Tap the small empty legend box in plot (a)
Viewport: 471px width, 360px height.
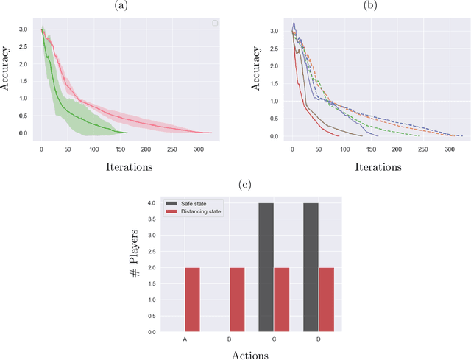[215, 23]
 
